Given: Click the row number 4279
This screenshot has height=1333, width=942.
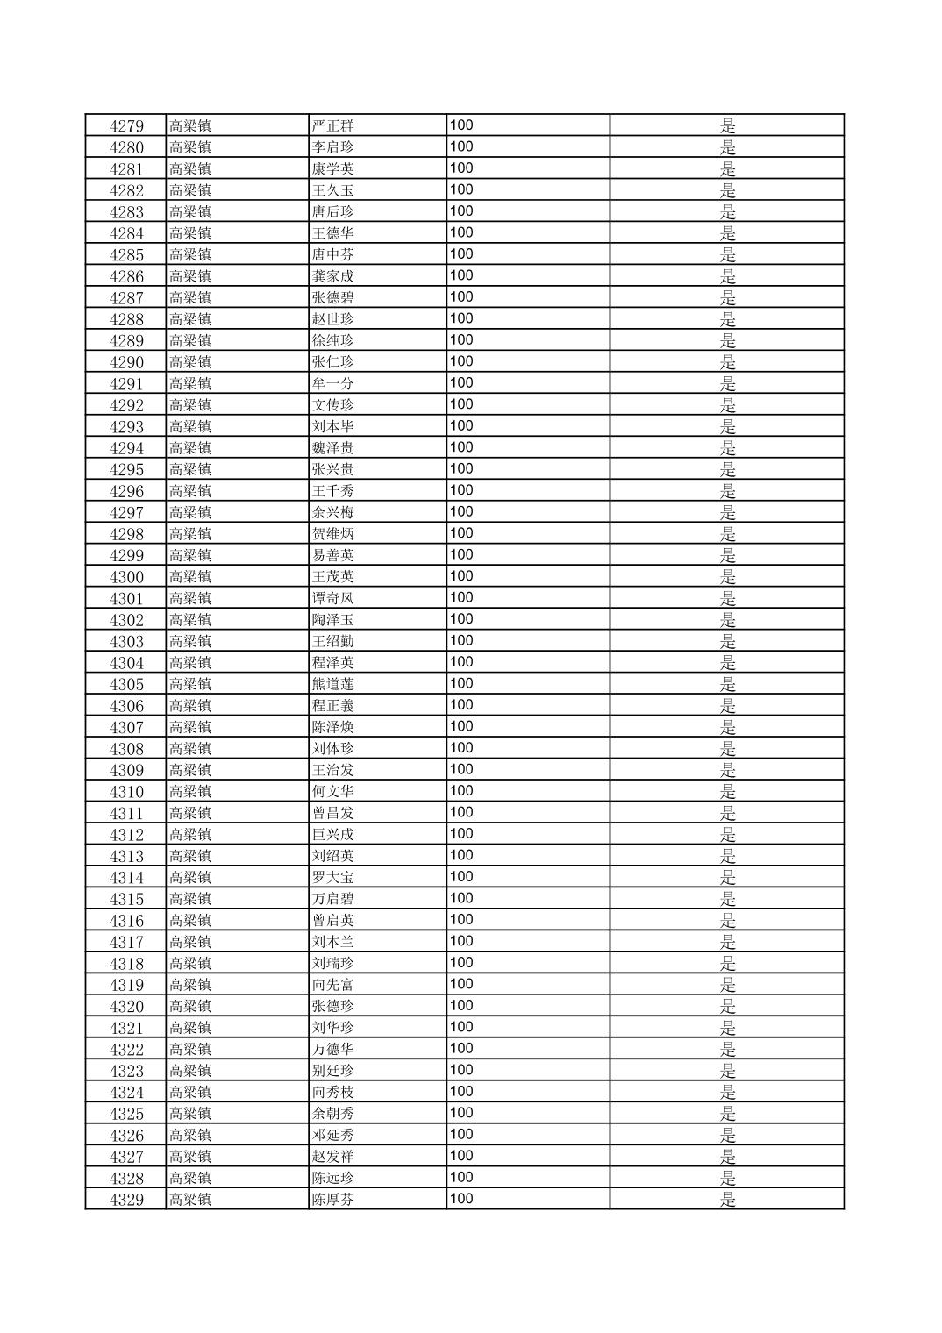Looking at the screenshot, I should [126, 126].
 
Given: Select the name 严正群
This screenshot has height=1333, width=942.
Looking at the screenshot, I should [333, 126].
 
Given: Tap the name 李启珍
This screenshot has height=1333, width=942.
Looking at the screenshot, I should [333, 147].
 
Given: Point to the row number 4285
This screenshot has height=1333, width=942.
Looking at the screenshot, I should [126, 255].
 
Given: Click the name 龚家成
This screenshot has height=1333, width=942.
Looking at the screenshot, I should [333, 276].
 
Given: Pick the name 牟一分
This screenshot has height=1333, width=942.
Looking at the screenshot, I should [333, 384].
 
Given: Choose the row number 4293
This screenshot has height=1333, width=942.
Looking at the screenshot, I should [126, 427].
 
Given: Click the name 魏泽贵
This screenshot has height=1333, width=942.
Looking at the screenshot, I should [333, 448].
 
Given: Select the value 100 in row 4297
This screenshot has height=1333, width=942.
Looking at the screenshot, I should [461, 512].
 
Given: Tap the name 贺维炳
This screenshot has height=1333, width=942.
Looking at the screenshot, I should [333, 534].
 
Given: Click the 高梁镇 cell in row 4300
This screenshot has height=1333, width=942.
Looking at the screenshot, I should [190, 577].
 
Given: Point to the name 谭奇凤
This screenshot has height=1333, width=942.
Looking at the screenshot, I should [333, 599].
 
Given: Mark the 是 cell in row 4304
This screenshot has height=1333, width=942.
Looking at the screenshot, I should [727, 663].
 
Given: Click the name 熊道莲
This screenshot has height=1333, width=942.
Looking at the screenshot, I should [333, 685].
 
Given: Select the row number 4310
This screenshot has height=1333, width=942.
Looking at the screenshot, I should [126, 792].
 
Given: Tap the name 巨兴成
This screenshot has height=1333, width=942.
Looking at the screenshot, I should [333, 835].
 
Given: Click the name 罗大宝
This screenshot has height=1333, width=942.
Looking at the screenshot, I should [333, 878].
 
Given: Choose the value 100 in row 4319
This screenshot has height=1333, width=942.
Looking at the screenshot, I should [461, 985].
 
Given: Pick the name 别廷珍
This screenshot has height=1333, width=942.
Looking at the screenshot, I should [333, 1071].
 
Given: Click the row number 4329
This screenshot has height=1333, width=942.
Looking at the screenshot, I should [126, 1200].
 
